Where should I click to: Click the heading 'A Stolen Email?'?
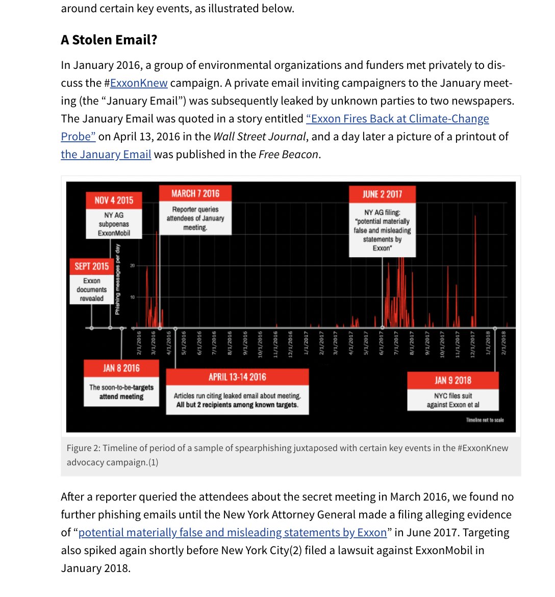click(109, 40)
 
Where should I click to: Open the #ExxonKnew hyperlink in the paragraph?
click(139, 83)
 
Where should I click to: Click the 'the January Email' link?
click(106, 155)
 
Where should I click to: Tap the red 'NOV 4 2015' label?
click(114, 201)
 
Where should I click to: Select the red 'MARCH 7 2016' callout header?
click(195, 193)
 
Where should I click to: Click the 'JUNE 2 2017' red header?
click(382, 194)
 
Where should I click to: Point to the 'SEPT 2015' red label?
click(92, 266)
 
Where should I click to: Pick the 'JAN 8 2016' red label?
click(121, 368)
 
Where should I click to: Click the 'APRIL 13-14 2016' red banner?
click(237, 377)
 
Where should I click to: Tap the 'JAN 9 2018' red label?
click(452, 380)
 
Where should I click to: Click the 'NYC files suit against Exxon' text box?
click(452, 400)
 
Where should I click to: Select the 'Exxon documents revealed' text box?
click(92, 289)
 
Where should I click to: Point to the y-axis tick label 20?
click(133, 266)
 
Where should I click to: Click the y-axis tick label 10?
click(133, 297)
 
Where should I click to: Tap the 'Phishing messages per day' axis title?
click(118, 279)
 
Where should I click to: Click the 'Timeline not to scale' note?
click(485, 420)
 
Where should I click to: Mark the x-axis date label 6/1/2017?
click(381, 343)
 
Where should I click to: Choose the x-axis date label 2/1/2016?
click(139, 343)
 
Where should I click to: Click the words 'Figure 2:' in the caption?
click(83, 448)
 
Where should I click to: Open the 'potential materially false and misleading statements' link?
click(233, 533)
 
